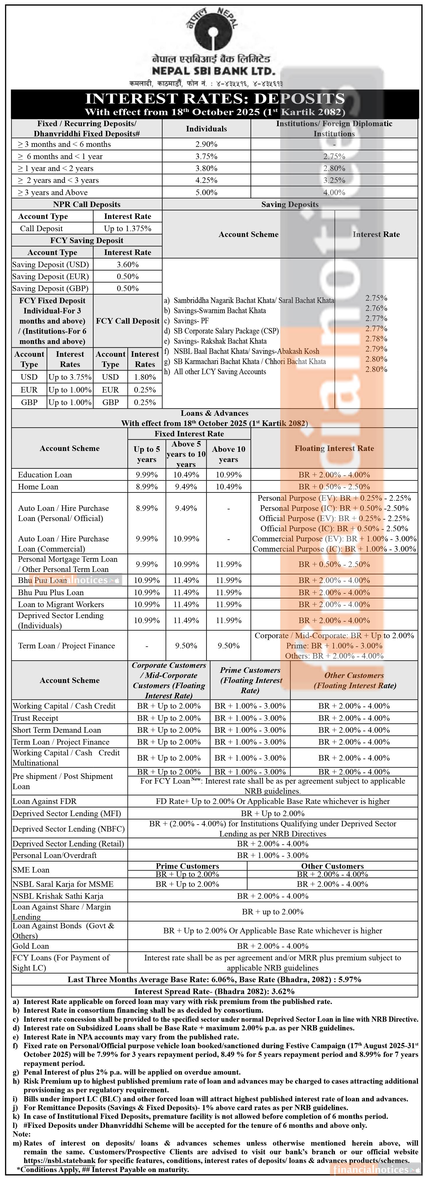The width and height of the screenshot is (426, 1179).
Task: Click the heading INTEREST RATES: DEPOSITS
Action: [215, 98]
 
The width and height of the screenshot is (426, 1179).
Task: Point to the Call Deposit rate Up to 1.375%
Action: [127, 228]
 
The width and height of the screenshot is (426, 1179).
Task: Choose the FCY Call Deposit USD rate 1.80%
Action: [145, 377]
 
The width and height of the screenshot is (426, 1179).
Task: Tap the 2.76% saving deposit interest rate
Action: [376, 308]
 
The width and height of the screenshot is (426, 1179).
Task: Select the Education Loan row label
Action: [45, 475]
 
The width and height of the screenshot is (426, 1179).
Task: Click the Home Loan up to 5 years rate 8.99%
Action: [147, 486]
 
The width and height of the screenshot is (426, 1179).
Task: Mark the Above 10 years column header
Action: [229, 454]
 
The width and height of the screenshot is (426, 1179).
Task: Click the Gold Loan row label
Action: [31, 946]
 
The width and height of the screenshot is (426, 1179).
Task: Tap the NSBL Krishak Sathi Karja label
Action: [58, 896]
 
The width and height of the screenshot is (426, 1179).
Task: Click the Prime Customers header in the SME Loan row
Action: [187, 866]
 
